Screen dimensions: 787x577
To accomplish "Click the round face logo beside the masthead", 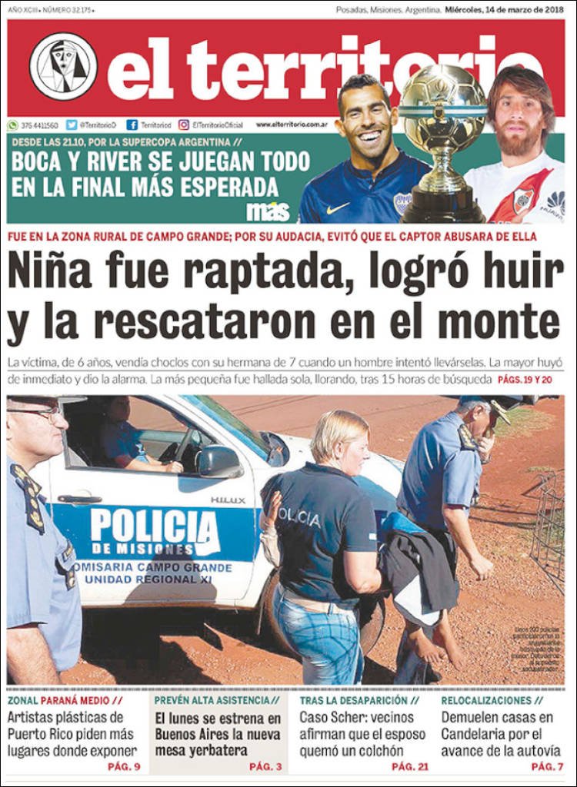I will [63, 66].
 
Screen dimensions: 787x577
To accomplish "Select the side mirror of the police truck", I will [218, 462].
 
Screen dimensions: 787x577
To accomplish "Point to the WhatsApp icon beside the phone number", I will [13, 125].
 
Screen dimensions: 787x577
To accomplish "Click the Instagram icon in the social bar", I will [184, 125].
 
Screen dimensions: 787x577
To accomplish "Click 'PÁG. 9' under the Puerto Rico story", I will [124, 767].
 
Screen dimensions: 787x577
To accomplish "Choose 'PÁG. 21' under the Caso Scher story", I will [410, 767].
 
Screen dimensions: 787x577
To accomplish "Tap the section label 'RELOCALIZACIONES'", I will [486, 701].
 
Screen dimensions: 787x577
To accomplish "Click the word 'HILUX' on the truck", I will [227, 500].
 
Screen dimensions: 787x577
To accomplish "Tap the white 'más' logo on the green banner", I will [268, 212].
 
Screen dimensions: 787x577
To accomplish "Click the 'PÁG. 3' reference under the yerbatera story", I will [265, 767].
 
